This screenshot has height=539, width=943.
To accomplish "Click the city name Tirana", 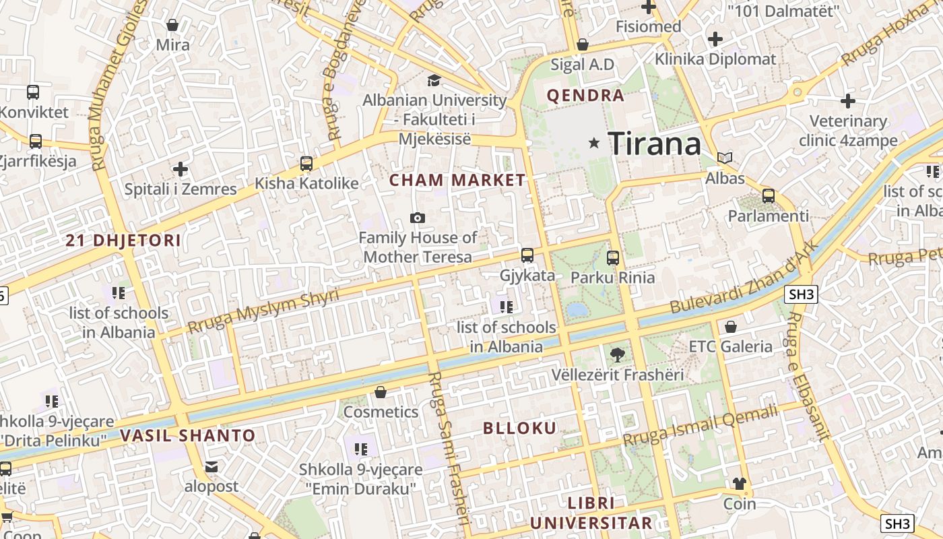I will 654,144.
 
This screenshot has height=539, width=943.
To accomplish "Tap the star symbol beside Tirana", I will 594,143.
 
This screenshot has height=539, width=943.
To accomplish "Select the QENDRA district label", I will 585,96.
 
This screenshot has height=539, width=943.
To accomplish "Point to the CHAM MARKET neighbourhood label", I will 457,180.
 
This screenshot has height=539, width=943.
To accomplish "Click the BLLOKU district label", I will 520,428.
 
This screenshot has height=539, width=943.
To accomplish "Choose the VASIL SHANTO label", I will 188,435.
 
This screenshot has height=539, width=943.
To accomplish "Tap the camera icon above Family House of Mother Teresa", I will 418,218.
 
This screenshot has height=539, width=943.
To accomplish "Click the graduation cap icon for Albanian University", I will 434,81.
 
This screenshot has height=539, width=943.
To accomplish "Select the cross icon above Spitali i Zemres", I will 180,168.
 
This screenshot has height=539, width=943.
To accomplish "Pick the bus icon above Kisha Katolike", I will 306,163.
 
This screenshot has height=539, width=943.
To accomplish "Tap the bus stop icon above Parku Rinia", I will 612,257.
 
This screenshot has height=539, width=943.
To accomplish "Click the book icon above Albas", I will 725,158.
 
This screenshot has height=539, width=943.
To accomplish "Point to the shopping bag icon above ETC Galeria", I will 730,327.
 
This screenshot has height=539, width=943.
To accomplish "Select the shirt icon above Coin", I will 740,483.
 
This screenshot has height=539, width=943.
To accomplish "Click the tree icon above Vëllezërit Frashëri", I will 616,354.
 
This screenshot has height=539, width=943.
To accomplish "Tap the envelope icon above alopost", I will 212,466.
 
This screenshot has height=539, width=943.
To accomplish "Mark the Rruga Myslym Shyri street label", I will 263,311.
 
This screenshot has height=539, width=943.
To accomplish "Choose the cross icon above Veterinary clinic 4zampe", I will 847,102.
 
